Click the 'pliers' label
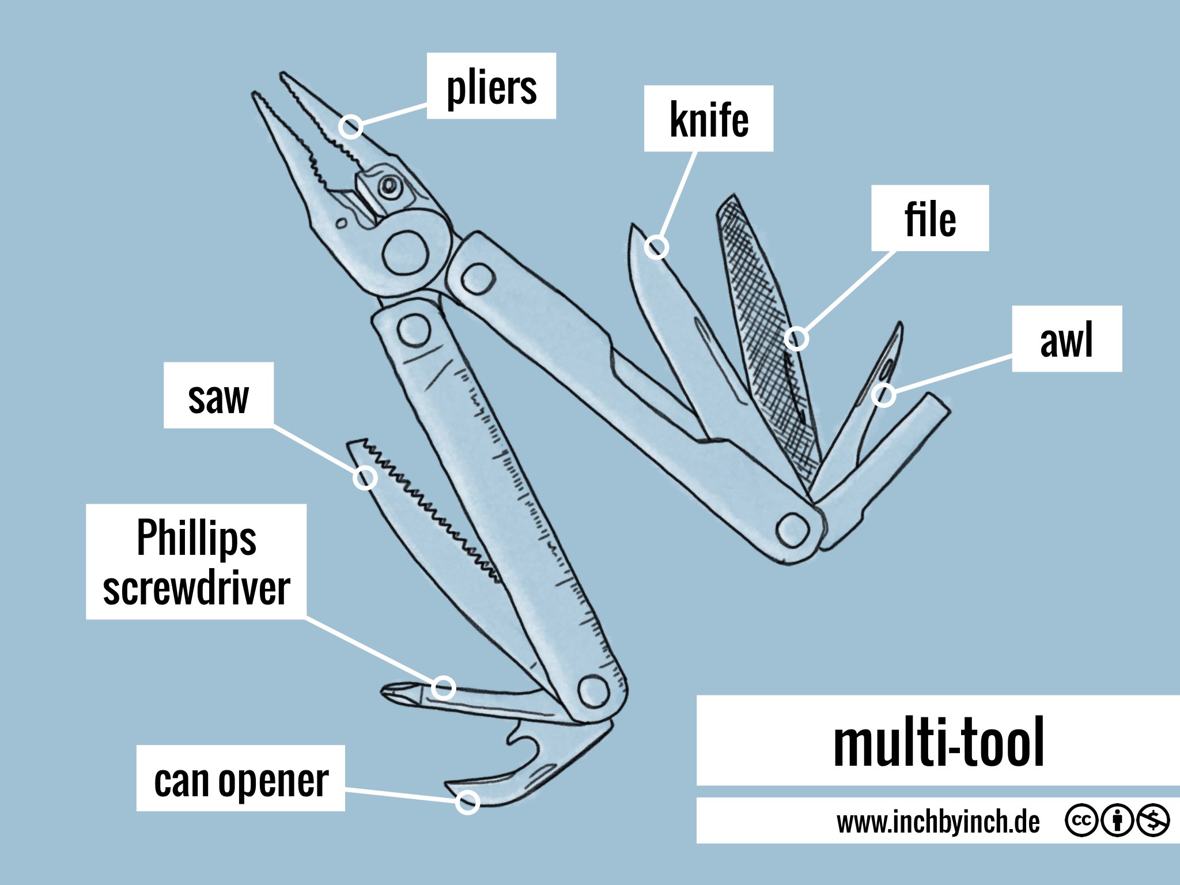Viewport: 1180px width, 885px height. point(491,86)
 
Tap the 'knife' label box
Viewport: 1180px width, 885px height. point(708,119)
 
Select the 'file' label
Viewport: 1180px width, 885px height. point(929,218)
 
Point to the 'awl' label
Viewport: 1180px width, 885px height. point(1066,339)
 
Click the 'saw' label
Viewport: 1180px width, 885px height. point(218,396)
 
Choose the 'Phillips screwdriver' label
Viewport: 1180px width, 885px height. point(196,562)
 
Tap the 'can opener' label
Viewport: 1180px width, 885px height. point(241,778)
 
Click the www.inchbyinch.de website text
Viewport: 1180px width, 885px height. point(938,821)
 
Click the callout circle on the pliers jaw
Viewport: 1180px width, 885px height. point(350,126)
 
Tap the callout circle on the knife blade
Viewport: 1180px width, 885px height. point(656,247)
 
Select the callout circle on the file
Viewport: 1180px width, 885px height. point(796,338)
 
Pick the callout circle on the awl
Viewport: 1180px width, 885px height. point(883,395)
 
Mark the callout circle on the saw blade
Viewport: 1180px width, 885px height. point(365,478)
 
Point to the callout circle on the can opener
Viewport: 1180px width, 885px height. point(467,801)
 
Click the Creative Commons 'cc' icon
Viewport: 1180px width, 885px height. point(1081,820)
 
